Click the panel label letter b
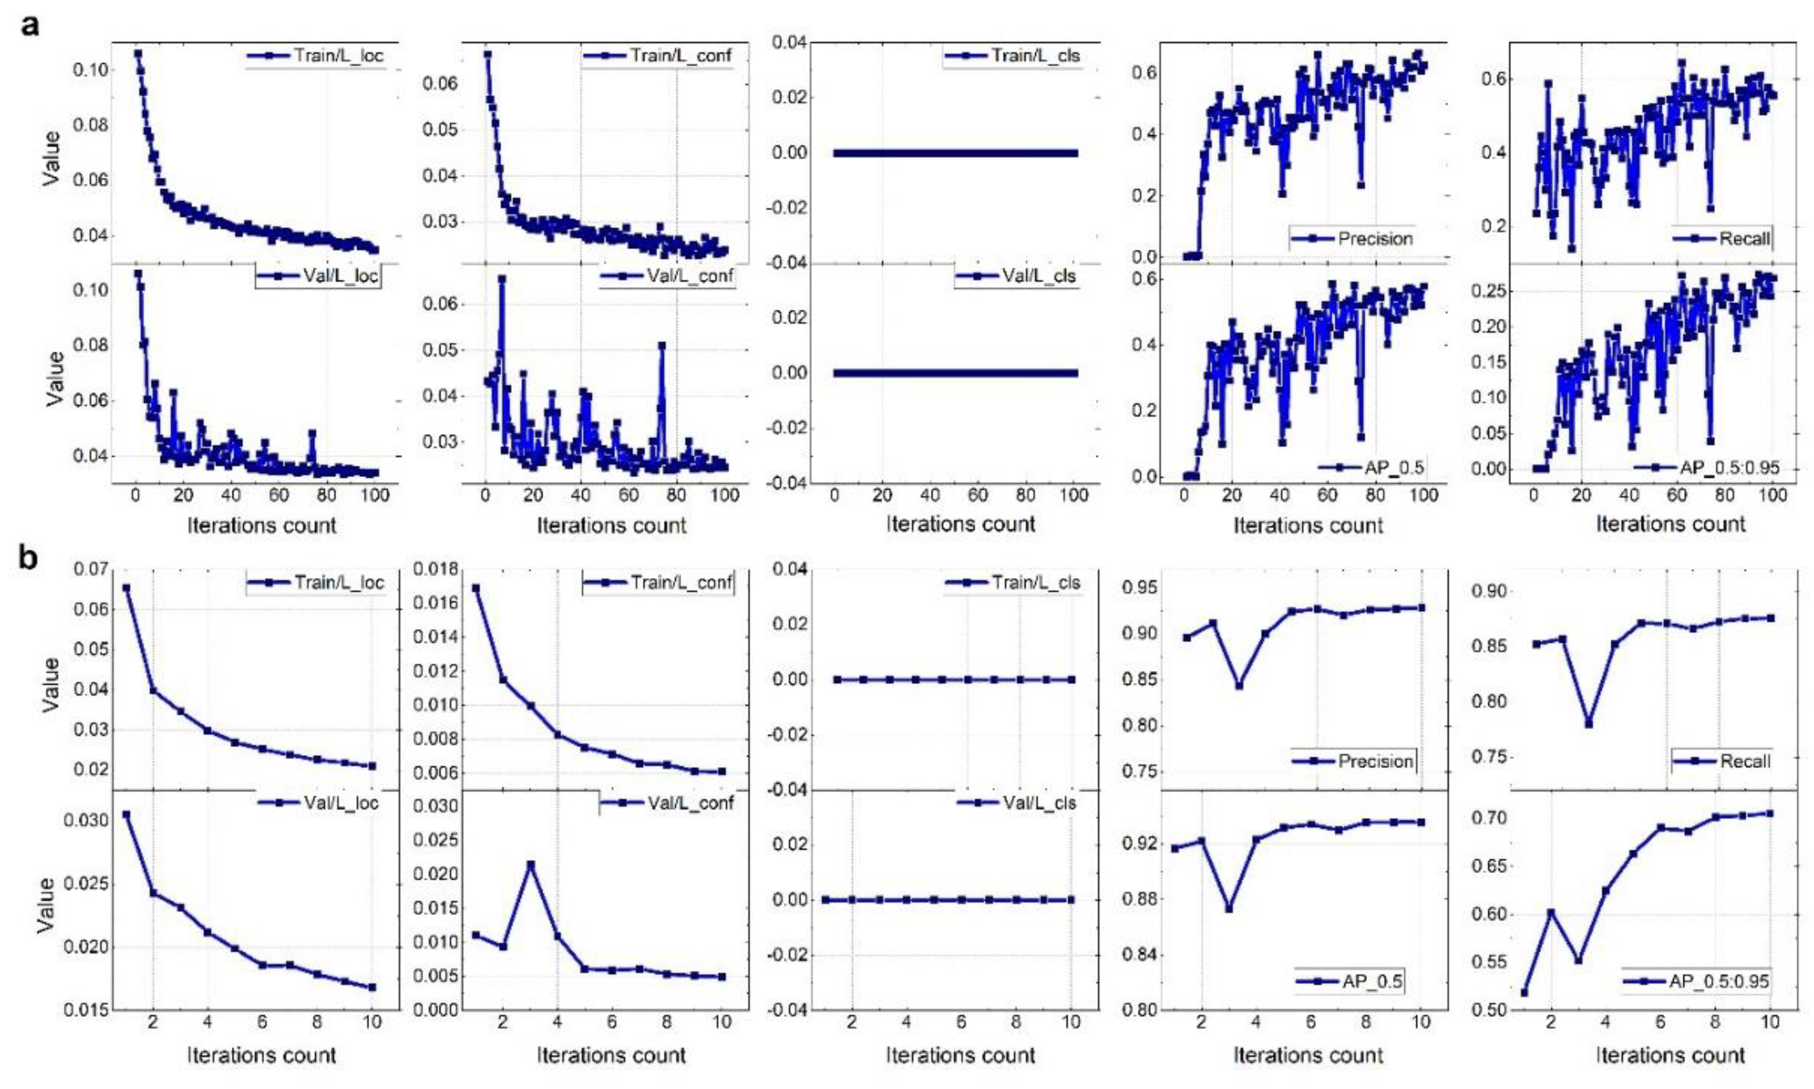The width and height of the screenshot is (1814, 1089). (x=29, y=559)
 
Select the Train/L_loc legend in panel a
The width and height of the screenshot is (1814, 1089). (x=315, y=56)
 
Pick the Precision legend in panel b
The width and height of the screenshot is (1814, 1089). (x=1354, y=761)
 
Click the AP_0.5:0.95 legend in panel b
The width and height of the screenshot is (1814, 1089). (x=1697, y=981)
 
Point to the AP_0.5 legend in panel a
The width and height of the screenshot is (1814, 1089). (x=1371, y=467)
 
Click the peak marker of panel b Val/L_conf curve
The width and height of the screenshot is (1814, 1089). (x=531, y=865)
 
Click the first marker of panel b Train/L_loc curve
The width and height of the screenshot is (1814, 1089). (x=126, y=588)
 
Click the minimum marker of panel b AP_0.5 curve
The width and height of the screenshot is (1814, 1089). (x=1229, y=909)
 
